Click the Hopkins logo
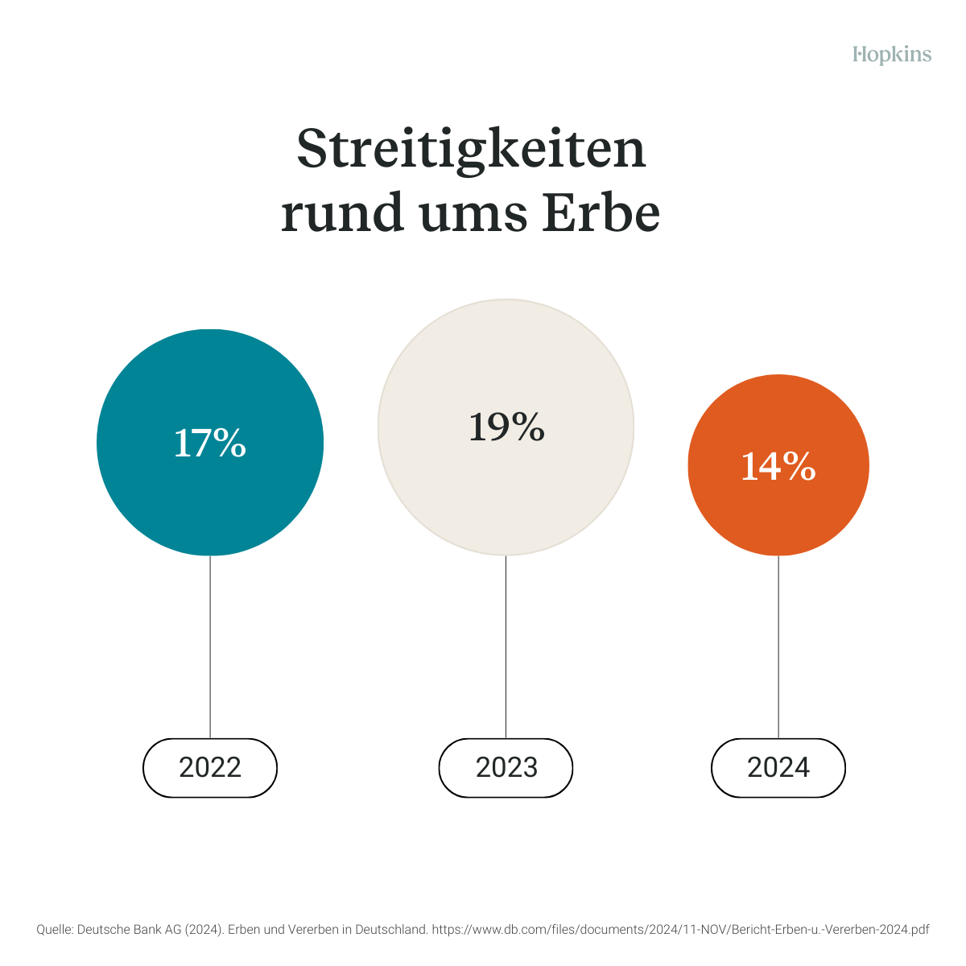pyautogui.click(x=892, y=55)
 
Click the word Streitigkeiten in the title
pyautogui.click(x=471, y=150)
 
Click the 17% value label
pyautogui.click(x=210, y=444)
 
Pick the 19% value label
pyautogui.click(x=506, y=427)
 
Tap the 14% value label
pyautogui.click(x=778, y=466)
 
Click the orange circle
pyautogui.click(x=778, y=515)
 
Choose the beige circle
pyautogui.click(x=506, y=499)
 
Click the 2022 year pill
pyautogui.click(x=210, y=768)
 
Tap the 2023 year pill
pyautogui.click(x=506, y=768)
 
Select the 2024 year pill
pyautogui.click(x=778, y=768)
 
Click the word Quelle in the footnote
pyautogui.click(x=54, y=929)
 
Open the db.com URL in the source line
pyautogui.click(x=680, y=929)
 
